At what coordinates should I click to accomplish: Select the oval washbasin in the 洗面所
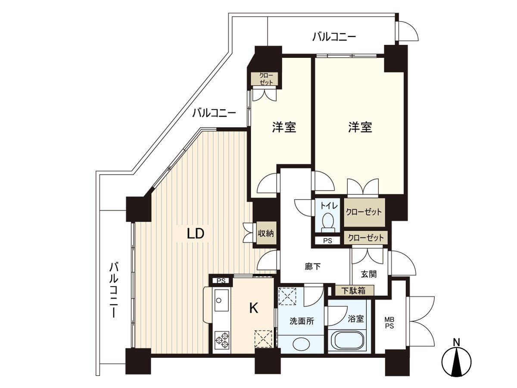300,344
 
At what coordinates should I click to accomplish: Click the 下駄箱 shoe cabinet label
354,291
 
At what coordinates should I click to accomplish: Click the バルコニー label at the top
334,37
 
